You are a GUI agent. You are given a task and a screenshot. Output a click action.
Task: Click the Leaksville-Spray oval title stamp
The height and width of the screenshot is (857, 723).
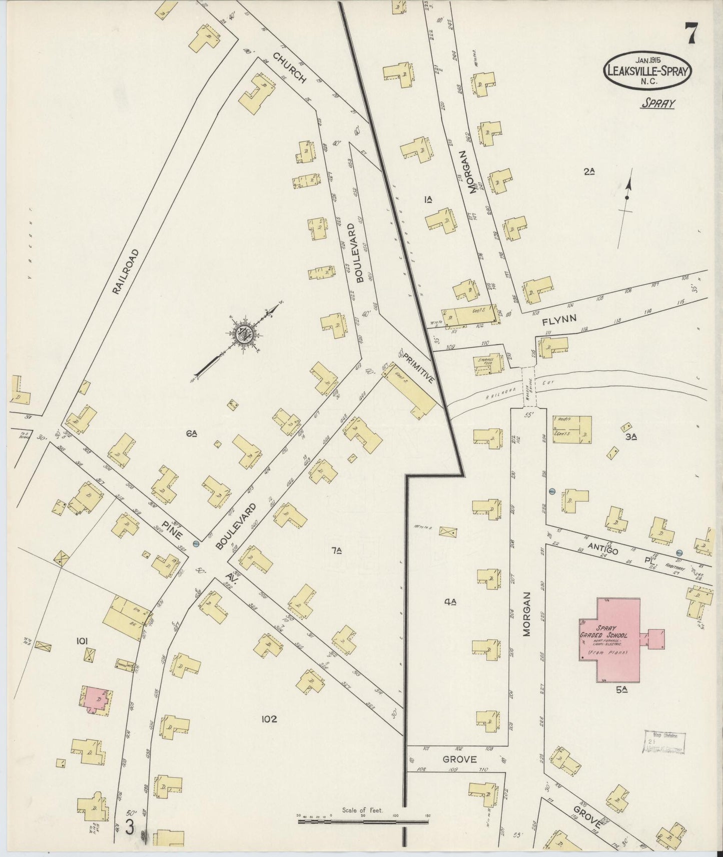point(649,70)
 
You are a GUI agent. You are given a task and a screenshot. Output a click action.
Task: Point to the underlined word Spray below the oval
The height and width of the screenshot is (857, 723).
point(657,103)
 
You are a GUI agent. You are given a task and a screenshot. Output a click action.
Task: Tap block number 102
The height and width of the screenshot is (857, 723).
point(269,719)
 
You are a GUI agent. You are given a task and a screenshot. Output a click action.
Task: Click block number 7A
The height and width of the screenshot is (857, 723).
point(336,550)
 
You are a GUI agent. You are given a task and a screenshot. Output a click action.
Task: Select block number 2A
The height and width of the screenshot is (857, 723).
point(588,171)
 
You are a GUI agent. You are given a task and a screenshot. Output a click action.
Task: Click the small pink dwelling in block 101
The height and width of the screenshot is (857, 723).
point(97,700)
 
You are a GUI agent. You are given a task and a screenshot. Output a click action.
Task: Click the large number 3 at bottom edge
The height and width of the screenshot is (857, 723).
point(130,828)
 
